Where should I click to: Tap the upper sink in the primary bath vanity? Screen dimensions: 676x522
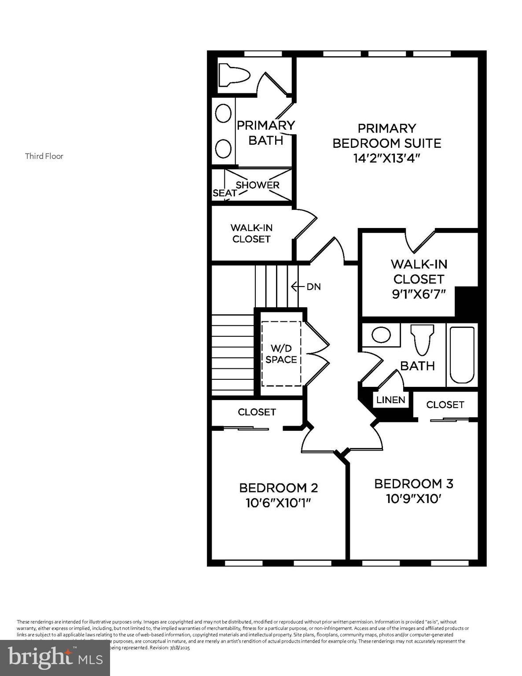(x=224, y=114)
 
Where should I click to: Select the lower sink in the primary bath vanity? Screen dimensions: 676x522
(x=224, y=148)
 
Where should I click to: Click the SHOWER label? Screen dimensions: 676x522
(x=257, y=185)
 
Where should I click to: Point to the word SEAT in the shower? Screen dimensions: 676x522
(x=224, y=193)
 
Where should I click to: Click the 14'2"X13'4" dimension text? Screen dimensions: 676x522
(x=386, y=158)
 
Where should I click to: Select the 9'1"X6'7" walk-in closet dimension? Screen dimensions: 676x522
(x=419, y=294)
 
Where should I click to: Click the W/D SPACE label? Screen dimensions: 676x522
(x=281, y=354)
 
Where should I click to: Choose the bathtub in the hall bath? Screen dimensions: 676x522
(x=462, y=355)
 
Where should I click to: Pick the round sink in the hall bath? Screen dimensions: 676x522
(x=381, y=335)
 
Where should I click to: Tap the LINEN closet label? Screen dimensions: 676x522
(x=390, y=400)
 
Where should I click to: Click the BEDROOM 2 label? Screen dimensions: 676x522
(x=278, y=488)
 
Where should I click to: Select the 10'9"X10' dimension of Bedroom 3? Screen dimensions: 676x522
(x=413, y=499)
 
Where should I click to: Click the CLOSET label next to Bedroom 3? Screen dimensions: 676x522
(x=445, y=404)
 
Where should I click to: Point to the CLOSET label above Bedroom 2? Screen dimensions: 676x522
(x=257, y=412)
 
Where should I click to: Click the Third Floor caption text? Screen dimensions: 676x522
(x=44, y=156)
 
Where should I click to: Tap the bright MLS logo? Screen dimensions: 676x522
(x=55, y=658)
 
